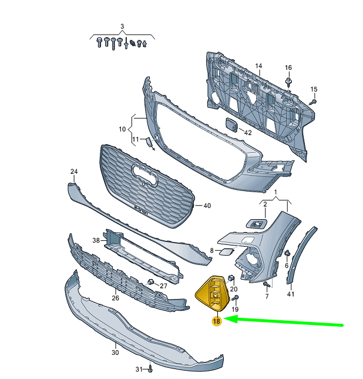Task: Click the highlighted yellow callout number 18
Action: [x=217, y=321]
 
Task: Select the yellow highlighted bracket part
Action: [x=211, y=293]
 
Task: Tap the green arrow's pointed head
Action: [x=225, y=319]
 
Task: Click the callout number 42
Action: [x=248, y=133]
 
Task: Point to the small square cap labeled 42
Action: [x=231, y=125]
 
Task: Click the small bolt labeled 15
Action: [x=313, y=102]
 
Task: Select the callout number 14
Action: [x=258, y=66]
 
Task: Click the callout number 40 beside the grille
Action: [x=207, y=206]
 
